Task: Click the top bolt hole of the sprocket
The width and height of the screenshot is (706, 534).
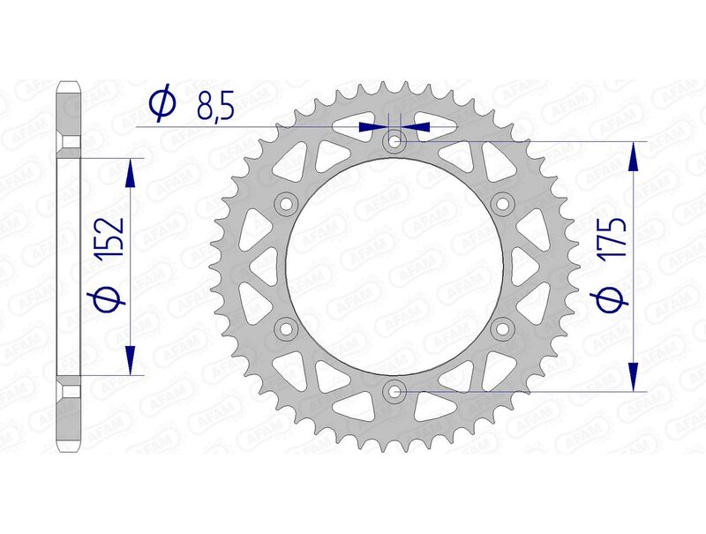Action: [394, 140]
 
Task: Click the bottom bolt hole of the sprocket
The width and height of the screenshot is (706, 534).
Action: [394, 390]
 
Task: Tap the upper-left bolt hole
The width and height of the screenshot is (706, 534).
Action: [286, 204]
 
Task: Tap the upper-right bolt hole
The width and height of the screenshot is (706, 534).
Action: [503, 204]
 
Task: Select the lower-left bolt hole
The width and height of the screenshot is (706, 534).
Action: [286, 328]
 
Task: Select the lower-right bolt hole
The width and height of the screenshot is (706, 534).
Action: [503, 328]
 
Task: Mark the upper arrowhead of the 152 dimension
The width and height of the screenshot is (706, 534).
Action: [130, 173]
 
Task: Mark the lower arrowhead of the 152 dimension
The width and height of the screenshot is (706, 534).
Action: [130, 358]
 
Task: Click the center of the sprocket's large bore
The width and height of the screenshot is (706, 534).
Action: [394, 266]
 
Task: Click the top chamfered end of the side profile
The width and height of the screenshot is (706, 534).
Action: [71, 87]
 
